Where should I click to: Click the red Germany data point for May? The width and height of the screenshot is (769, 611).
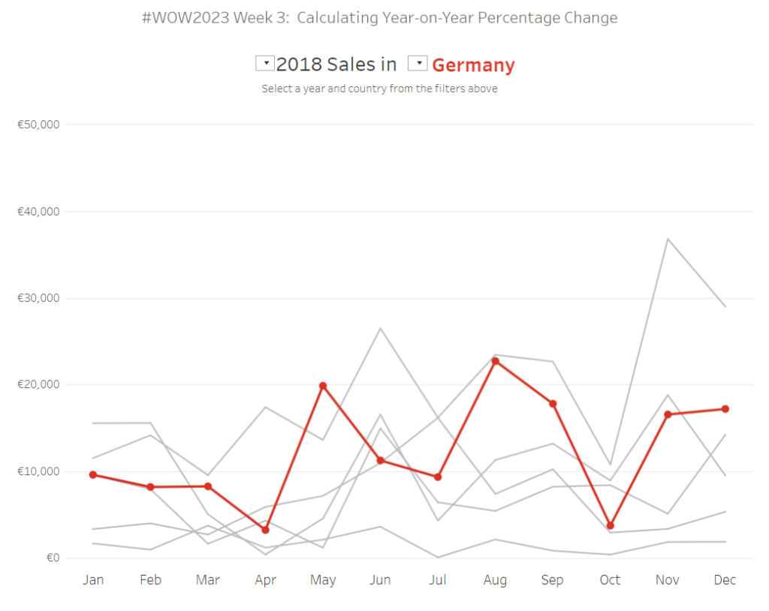pyautogui.click(x=323, y=386)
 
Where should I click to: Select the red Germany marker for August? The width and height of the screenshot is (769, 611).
pyautogui.click(x=495, y=361)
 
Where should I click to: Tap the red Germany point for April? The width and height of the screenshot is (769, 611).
pyautogui.click(x=265, y=530)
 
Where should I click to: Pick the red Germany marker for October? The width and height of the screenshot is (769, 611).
pyautogui.click(x=610, y=525)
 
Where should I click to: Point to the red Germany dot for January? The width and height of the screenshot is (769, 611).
pyautogui.click(x=93, y=474)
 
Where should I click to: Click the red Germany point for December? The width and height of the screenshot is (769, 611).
pyautogui.click(x=725, y=409)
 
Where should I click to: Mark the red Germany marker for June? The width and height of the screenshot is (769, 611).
pyautogui.click(x=380, y=460)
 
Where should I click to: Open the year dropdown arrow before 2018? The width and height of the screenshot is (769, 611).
pyautogui.click(x=264, y=64)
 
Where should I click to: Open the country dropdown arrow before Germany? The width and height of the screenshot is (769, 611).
pyautogui.click(x=418, y=64)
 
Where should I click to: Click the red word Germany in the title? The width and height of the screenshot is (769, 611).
pyautogui.click(x=473, y=65)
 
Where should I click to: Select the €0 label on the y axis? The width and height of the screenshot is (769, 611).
pyautogui.click(x=53, y=558)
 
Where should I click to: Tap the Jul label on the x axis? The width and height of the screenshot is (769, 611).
pyautogui.click(x=437, y=580)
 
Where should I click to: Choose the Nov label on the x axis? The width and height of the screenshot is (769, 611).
pyautogui.click(x=667, y=580)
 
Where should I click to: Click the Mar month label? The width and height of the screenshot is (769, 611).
pyautogui.click(x=208, y=580)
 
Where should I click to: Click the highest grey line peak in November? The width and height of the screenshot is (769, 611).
pyautogui.click(x=667, y=239)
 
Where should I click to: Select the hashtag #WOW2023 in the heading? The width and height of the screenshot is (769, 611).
pyautogui.click(x=185, y=17)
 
